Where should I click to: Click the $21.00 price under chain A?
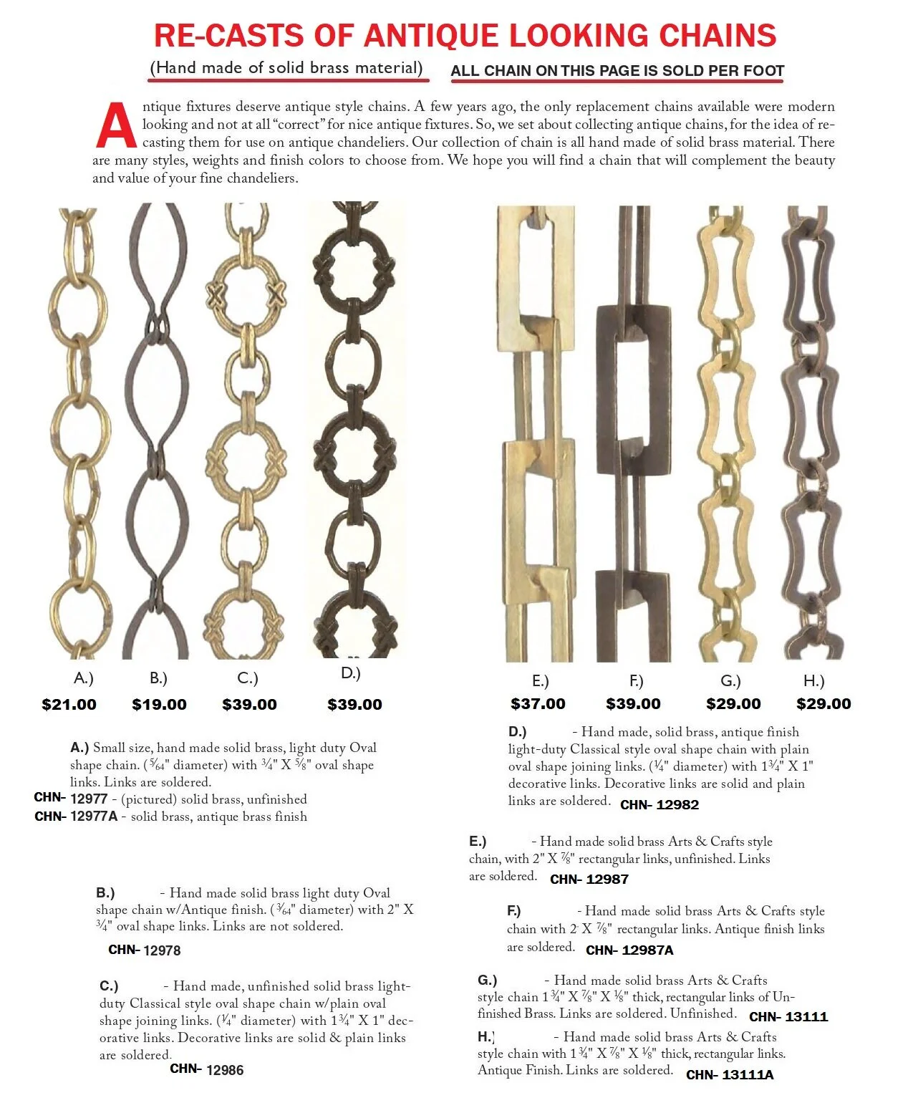pyautogui.click(x=69, y=704)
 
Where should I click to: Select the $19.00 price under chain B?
pyautogui.click(x=159, y=704)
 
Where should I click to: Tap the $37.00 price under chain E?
pyautogui.click(x=538, y=704)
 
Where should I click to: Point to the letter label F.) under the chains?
pyautogui.click(x=636, y=680)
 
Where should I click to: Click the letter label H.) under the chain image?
pyautogui.click(x=813, y=680)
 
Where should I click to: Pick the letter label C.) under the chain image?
pyautogui.click(x=247, y=678)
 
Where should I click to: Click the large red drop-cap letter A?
pyautogui.click(x=116, y=125)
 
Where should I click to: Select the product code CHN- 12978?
pyautogui.click(x=144, y=950)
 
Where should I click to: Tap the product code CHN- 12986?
pyautogui.click(x=206, y=1069)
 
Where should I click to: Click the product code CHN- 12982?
pyautogui.click(x=659, y=804)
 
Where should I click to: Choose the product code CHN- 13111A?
pyautogui.click(x=729, y=1074)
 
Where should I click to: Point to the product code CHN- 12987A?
pyautogui.click(x=629, y=950)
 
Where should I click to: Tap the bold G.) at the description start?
pyautogui.click(x=487, y=980)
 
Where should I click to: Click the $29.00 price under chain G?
pyautogui.click(x=733, y=704)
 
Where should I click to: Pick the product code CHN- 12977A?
pyautogui.click(x=76, y=816)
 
